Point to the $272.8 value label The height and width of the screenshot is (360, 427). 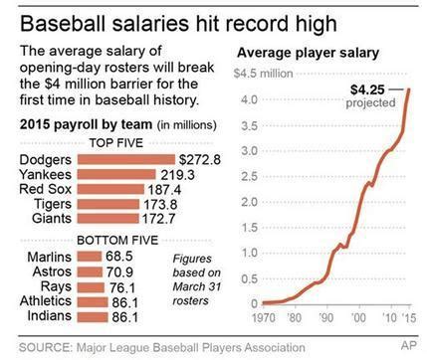coord(199,159)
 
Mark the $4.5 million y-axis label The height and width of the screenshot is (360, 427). coord(263,73)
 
